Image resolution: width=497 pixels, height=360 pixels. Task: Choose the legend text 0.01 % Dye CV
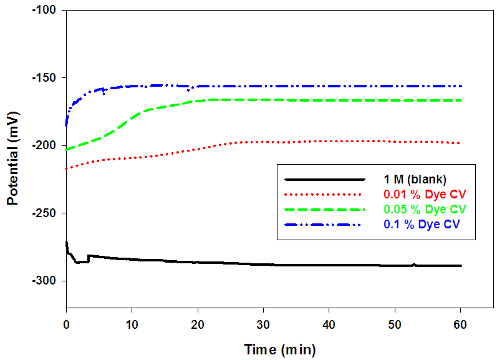pyautogui.click(x=422, y=194)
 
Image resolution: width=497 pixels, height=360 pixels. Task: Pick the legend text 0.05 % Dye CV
pyautogui.click(x=422, y=208)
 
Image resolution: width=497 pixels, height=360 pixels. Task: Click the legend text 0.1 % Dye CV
pyautogui.click(x=420, y=223)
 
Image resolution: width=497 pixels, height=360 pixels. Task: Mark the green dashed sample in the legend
pyautogui.click(x=322, y=208)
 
